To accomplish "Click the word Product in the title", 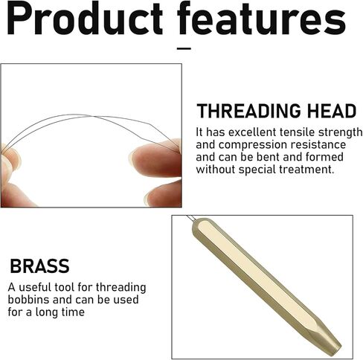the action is point(85,18).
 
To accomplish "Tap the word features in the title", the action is point(261,18).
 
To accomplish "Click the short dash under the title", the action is point(184,48).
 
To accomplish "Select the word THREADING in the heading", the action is point(249,111).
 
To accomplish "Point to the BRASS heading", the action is point(39,266).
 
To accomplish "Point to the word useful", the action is point(35,287).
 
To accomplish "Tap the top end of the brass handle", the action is point(198,222).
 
